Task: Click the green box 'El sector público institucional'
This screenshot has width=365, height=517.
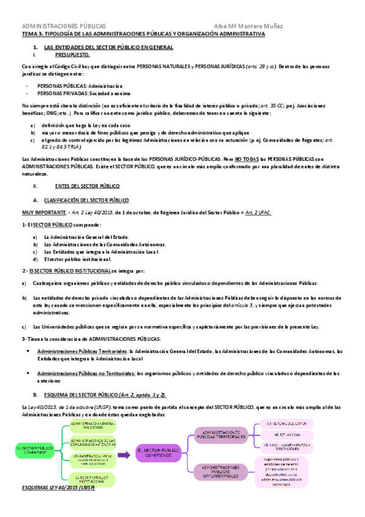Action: pyautogui.click(x=90, y=479)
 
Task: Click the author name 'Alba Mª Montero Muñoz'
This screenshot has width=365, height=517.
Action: pyautogui.click(x=249, y=26)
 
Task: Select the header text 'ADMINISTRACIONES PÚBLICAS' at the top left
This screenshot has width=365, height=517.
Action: pyautogui.click(x=64, y=26)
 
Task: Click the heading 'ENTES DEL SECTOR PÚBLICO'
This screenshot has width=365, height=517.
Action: pyautogui.click(x=87, y=185)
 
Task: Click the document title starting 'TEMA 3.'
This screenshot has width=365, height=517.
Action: pyautogui.click(x=143, y=35)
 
